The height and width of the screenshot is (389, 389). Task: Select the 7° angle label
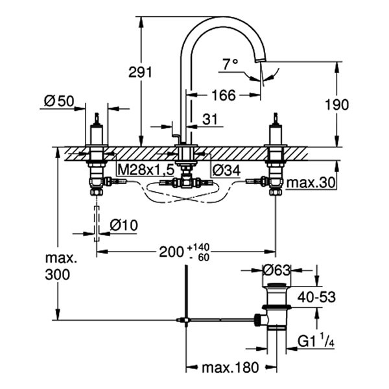pos(230,64)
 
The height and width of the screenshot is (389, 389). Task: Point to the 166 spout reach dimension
pos(223,95)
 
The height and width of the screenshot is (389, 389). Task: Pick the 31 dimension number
pos(209,119)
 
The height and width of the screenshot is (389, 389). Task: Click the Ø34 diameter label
pos(226,169)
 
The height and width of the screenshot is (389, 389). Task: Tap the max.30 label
pos(311,183)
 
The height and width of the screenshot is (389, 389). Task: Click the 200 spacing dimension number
pos(171,252)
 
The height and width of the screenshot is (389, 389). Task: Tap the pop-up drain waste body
pos(276,308)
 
